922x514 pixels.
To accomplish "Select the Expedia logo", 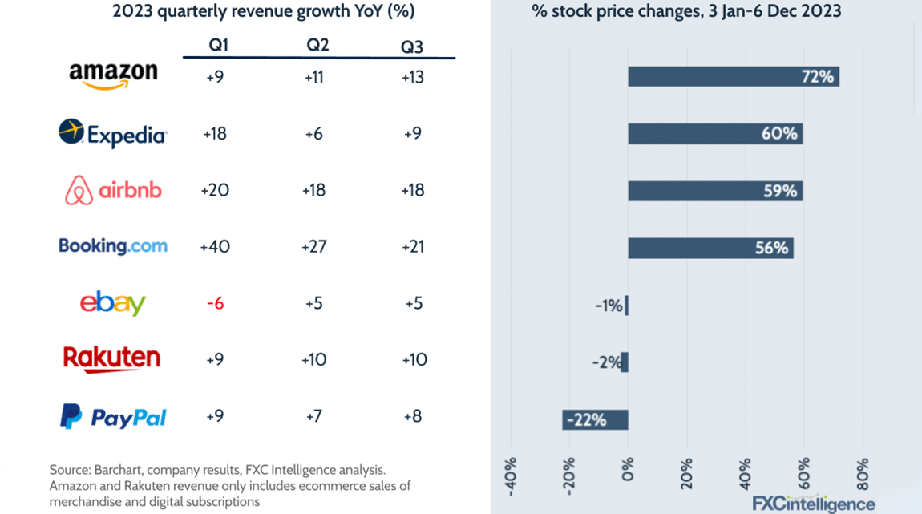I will click(x=112, y=133).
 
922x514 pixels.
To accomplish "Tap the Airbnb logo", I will click(x=113, y=190).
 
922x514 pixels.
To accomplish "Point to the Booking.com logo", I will click(x=113, y=246).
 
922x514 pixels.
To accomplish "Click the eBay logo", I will click(x=113, y=303).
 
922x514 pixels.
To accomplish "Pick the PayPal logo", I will click(x=113, y=417).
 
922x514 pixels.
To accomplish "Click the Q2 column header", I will click(x=317, y=45).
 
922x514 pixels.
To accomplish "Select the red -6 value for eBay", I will click(x=215, y=303).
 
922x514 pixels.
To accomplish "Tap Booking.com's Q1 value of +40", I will click(x=215, y=246).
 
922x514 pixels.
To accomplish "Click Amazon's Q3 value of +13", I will click(x=413, y=77).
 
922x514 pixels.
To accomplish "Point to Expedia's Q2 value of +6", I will click(x=314, y=133).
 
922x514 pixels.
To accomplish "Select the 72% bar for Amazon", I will click(x=733, y=77).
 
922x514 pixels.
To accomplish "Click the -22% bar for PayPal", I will click(x=595, y=419).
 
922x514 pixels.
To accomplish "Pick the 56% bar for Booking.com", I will click(x=710, y=248).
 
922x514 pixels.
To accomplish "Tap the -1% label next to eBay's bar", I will click(x=609, y=306).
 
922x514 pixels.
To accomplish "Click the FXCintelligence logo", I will click(x=813, y=504).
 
